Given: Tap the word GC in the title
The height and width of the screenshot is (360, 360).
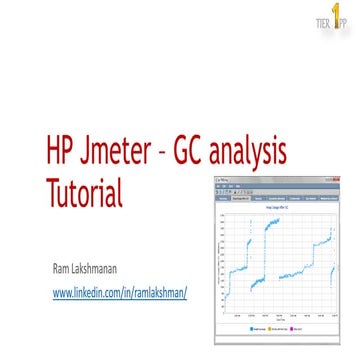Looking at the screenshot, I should tap(207, 151).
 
